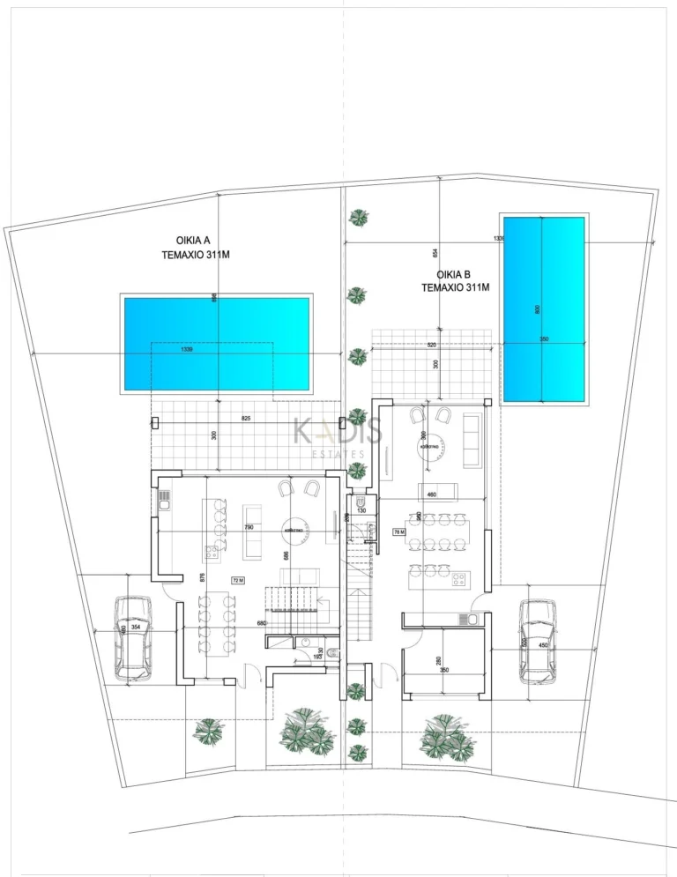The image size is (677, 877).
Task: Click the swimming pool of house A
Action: [x=217, y=344]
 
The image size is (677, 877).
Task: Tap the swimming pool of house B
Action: [x=543, y=308]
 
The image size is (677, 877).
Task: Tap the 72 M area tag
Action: [x=238, y=580]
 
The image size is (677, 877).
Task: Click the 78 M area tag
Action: [x=398, y=532]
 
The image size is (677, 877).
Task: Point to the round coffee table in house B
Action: [x=431, y=447]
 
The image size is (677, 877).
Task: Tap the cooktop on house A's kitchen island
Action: [x=212, y=554]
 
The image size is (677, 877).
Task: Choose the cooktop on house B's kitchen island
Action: [x=458, y=580]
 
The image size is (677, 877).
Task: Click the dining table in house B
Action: [x=438, y=531]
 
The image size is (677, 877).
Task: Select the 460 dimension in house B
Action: [x=432, y=495]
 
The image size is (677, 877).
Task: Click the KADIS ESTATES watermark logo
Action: [x=338, y=436]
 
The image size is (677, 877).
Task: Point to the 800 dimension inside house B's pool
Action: [x=537, y=309]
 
